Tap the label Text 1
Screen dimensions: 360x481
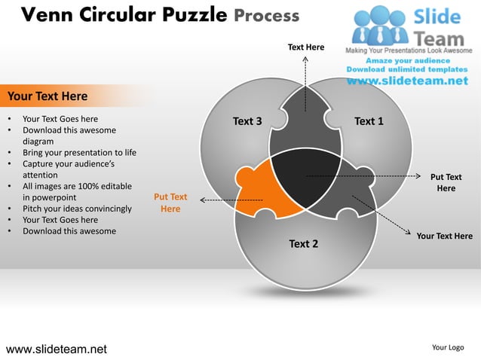click(369, 121)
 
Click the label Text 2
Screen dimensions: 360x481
click(304, 243)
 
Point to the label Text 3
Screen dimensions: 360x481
click(247, 121)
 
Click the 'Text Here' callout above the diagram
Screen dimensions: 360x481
click(305, 47)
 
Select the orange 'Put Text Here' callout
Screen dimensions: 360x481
click(170, 203)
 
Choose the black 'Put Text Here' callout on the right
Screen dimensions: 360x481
click(446, 183)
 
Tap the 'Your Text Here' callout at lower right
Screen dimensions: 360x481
click(444, 236)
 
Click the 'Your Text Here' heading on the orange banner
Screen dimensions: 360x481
click(47, 96)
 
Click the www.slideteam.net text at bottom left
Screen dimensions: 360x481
click(57, 349)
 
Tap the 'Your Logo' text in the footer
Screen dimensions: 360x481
click(448, 347)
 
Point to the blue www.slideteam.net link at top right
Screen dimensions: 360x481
click(412, 81)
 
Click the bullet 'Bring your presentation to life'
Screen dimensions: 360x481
click(79, 152)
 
